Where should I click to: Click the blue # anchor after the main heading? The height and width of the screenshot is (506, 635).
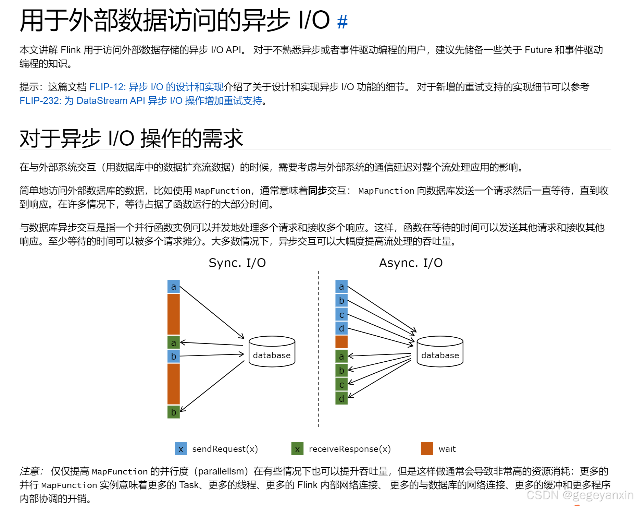(342, 22)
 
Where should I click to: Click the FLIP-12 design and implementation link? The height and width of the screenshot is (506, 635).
(156, 87)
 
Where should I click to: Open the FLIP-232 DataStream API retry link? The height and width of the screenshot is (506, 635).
(140, 101)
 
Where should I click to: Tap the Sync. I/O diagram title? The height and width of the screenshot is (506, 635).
(237, 263)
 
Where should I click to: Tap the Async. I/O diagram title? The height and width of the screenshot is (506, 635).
(411, 263)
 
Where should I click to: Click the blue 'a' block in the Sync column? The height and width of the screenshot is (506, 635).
(173, 287)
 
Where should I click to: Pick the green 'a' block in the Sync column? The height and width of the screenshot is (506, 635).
(173, 342)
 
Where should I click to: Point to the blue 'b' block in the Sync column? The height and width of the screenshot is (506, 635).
(173, 356)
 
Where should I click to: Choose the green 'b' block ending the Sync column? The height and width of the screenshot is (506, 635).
(173, 412)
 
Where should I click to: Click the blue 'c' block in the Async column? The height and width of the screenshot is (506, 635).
(341, 314)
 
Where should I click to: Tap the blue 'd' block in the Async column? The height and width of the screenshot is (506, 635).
(341, 328)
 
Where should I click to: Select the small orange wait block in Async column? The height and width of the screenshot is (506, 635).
(341, 342)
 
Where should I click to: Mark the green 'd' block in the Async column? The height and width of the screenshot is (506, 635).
(341, 398)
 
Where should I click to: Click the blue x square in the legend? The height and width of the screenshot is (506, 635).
(180, 449)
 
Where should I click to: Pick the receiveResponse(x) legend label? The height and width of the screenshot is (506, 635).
(350, 449)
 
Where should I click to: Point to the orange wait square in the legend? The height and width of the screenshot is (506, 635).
(427, 449)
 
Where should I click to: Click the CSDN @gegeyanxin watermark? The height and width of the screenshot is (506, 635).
(580, 495)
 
